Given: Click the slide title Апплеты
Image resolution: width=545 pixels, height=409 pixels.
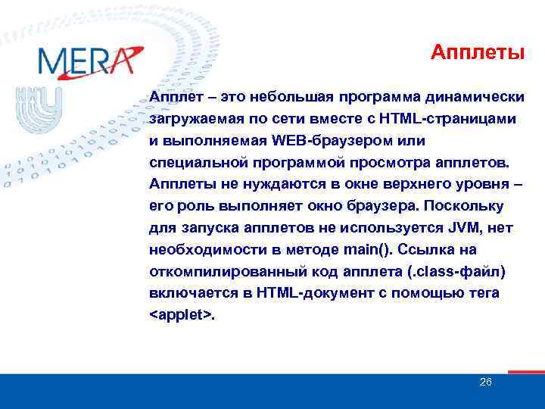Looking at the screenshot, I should [478, 52].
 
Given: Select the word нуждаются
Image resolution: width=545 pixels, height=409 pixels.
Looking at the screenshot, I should [272, 184].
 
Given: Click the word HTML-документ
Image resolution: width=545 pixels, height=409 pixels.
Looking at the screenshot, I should [296, 292].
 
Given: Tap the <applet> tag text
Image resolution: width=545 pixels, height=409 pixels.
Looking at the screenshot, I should [182, 314].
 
